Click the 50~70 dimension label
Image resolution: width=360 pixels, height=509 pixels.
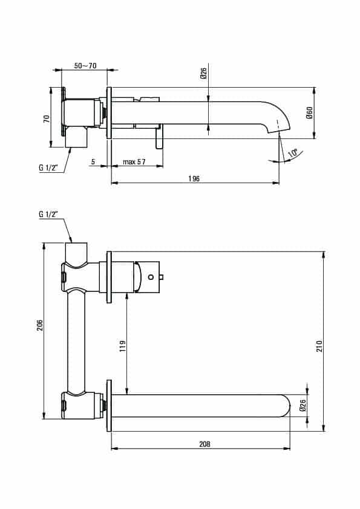(x=85, y=65)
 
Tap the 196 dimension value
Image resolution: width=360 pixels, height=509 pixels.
(x=194, y=178)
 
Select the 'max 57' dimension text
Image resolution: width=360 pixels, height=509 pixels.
(x=134, y=161)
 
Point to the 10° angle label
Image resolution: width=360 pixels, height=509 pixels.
(x=293, y=153)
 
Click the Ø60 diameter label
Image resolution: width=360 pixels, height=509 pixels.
(x=309, y=112)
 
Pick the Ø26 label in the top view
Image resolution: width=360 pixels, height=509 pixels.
(x=204, y=74)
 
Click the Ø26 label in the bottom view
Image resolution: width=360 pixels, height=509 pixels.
(x=303, y=406)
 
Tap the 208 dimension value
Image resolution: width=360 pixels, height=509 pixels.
(x=205, y=444)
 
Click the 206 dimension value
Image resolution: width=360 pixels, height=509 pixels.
(x=40, y=326)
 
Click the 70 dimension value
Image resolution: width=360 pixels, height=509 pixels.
(x=47, y=118)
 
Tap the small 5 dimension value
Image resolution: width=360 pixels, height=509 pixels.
(x=93, y=161)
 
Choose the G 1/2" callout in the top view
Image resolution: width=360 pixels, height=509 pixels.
(x=48, y=168)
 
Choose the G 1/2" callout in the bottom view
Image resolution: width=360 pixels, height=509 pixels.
(x=48, y=214)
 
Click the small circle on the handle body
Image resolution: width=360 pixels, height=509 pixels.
(x=151, y=277)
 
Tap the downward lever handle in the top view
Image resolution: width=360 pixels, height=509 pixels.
(x=159, y=139)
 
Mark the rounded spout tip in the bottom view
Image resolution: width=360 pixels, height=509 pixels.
(x=286, y=406)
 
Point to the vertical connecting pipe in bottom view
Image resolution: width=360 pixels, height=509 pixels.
(x=77, y=341)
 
